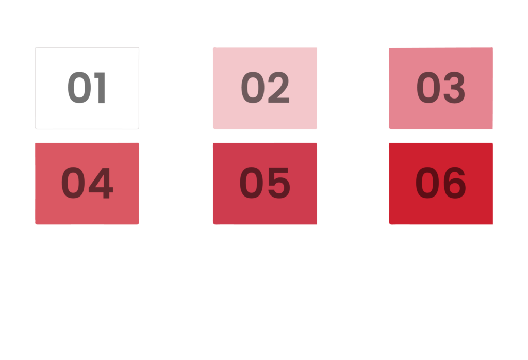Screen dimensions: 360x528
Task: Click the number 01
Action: coord(87,88)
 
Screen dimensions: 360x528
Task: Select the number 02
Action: coord(265,88)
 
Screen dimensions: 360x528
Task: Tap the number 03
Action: coord(441,88)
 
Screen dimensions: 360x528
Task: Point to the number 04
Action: coord(87,184)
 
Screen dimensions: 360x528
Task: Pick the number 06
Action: coord(441,184)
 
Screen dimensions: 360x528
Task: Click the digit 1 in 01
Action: coord(100,88)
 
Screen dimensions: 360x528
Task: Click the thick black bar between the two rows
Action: coord(264,136)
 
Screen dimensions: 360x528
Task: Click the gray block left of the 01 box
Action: coord(17,95)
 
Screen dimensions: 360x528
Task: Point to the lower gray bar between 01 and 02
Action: coord(175,116)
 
